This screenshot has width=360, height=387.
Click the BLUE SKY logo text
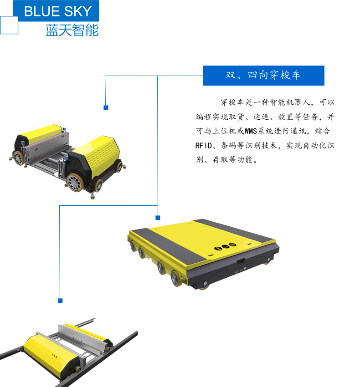58,11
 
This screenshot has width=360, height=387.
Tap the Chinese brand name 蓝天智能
72,30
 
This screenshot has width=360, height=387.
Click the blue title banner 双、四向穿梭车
263,76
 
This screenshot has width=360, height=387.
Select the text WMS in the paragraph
251,131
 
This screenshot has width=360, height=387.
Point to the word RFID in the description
204,146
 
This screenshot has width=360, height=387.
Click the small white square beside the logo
9,25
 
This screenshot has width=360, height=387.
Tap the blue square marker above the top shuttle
106,107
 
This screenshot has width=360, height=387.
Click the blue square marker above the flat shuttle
158,218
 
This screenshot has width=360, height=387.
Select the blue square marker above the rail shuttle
60,300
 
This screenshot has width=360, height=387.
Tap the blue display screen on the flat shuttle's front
241,262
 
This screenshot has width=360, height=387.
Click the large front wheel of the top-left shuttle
75,182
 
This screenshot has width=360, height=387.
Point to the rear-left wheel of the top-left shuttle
18,158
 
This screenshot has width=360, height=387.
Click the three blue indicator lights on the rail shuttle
55,356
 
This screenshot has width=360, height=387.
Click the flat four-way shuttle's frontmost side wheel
176,278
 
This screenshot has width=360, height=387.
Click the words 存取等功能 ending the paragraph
232,160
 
